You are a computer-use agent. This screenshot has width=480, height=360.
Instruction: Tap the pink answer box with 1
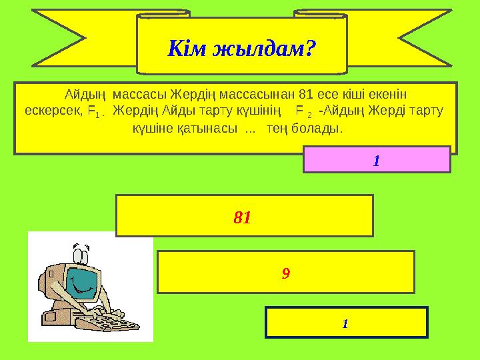point(377,160)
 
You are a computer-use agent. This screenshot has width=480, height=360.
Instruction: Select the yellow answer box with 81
point(244,216)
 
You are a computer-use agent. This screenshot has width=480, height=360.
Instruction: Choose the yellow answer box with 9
point(285,272)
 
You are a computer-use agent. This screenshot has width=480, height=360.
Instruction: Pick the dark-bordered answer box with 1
point(346,323)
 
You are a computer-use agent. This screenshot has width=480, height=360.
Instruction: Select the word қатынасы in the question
point(210,127)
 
